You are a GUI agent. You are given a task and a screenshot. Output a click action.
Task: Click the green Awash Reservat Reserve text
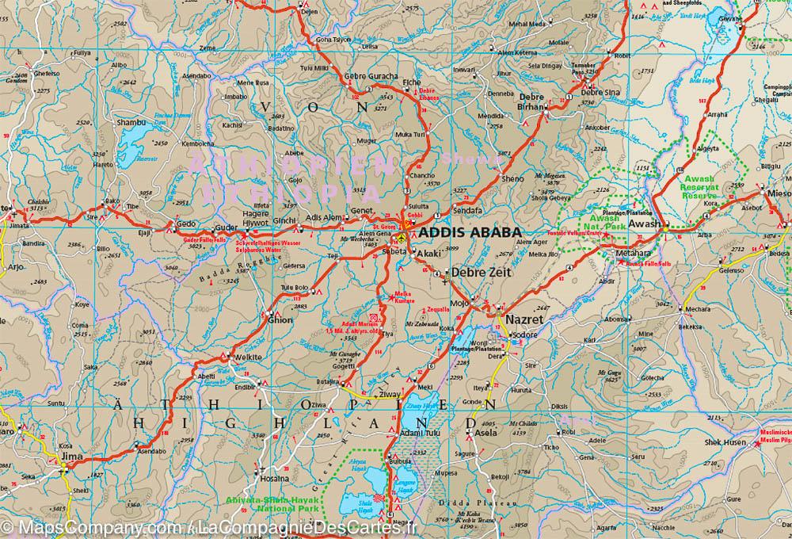point(700,187)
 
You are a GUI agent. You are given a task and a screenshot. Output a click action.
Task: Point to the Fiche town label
point(413,82)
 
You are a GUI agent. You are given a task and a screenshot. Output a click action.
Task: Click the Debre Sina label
point(600,92)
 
